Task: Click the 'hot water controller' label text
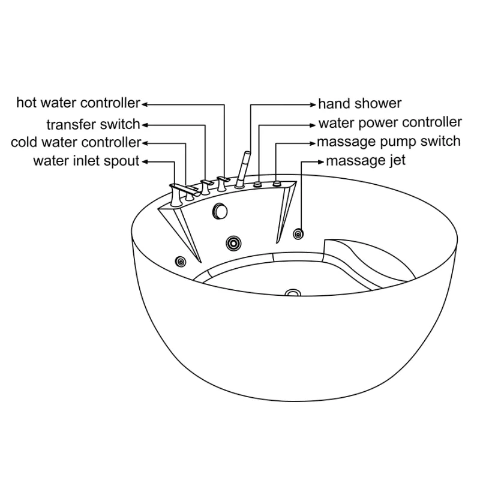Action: tap(79, 103)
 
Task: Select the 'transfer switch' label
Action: tap(94, 125)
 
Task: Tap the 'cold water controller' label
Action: tap(76, 142)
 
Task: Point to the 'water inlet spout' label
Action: tap(86, 161)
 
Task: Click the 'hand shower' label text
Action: tap(359, 103)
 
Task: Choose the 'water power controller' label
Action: tap(390, 122)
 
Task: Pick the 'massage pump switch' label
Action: tap(389, 142)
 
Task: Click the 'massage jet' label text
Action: tap(366, 160)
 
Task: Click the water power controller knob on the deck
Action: tap(258, 184)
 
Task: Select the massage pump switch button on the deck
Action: tap(277, 184)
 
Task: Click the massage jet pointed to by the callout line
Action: tap(298, 234)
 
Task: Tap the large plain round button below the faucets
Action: tap(220, 211)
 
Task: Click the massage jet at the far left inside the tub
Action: tap(181, 262)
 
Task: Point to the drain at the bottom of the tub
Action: tap(293, 293)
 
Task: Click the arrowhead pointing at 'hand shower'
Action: tap(313, 104)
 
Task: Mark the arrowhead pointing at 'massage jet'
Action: tap(321, 162)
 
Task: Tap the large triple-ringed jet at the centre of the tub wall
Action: tap(233, 244)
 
